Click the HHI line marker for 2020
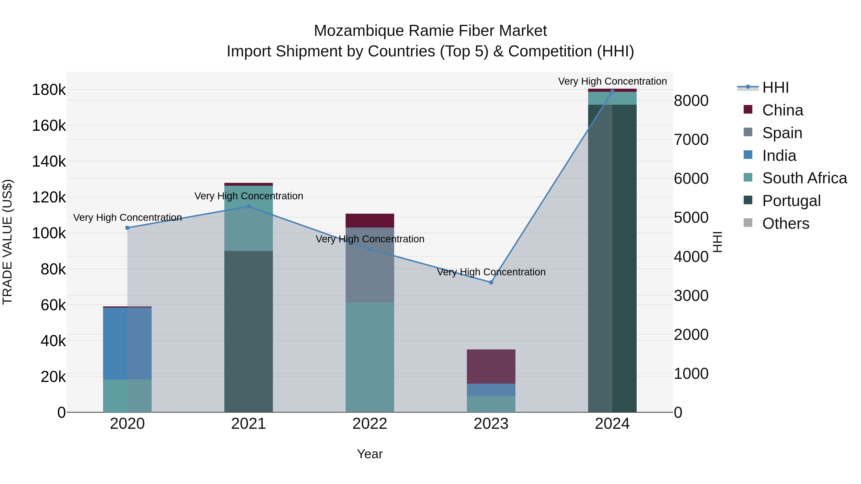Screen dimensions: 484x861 point(127,228)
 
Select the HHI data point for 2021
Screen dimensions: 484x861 point(248,207)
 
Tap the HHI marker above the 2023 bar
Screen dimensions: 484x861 point(491,282)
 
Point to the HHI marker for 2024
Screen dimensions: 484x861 point(612,91)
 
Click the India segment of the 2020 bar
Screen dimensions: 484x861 point(127,343)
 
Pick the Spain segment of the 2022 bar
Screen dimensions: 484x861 point(370,265)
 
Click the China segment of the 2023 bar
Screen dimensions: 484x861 point(491,366)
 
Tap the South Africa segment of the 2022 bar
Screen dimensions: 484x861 point(370,357)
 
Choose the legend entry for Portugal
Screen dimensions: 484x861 point(791,201)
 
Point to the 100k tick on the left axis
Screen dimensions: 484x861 point(49,233)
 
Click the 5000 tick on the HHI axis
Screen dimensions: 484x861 point(691,218)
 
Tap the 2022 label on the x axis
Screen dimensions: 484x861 point(370,424)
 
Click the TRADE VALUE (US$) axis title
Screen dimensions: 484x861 point(7,242)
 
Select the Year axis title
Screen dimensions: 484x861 point(370,454)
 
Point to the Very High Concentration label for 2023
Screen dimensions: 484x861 point(491,272)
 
